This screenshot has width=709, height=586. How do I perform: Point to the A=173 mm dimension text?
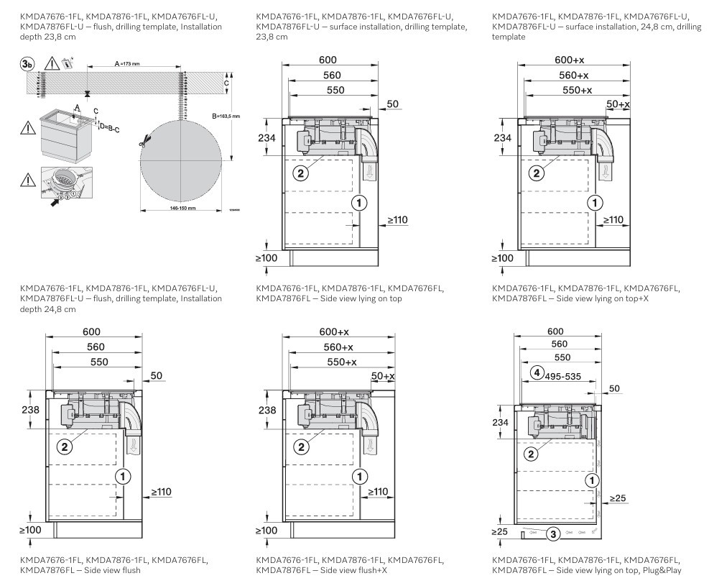tap(127, 64)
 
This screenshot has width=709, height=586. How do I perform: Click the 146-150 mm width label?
tap(180, 209)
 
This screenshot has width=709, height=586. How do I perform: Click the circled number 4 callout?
tap(536, 372)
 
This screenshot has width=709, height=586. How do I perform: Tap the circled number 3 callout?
tap(552, 534)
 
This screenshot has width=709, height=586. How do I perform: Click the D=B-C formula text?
tap(109, 128)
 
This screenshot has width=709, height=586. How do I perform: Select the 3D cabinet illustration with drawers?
tap(66, 132)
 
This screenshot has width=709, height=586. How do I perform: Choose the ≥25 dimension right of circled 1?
tap(618, 498)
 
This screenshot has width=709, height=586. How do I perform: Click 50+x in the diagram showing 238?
tap(383, 376)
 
